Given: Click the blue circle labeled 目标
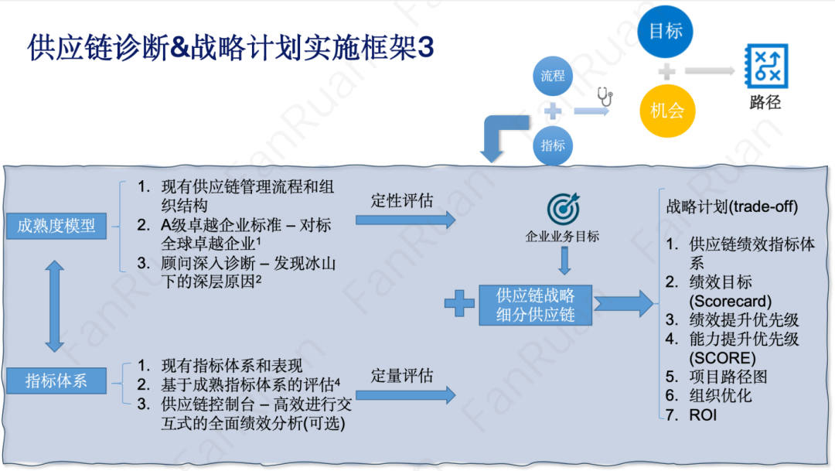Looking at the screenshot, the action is [x=666, y=31].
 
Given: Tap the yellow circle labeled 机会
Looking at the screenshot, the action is [x=667, y=111].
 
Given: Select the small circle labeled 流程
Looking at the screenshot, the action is [x=553, y=76].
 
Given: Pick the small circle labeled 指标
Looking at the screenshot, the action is [x=553, y=145].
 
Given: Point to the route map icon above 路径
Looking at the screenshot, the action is [x=765, y=64].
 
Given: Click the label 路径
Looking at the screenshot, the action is [x=765, y=102].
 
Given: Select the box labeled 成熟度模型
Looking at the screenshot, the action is [x=56, y=226].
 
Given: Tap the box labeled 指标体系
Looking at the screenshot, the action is [x=56, y=381].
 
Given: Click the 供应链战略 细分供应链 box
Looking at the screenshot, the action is [x=535, y=304].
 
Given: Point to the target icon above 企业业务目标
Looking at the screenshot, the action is [x=562, y=208].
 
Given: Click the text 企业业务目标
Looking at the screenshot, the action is [x=562, y=237].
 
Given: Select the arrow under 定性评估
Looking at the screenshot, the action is [x=406, y=220].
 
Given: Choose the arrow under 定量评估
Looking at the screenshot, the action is [x=406, y=395].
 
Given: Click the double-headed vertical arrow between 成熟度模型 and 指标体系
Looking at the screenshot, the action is [x=54, y=305].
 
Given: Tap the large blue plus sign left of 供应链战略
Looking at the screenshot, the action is [x=459, y=304].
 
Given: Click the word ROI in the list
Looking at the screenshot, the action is [x=704, y=415].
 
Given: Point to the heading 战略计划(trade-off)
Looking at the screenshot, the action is [x=731, y=207].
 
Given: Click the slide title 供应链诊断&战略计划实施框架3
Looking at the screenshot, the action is [x=230, y=47].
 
